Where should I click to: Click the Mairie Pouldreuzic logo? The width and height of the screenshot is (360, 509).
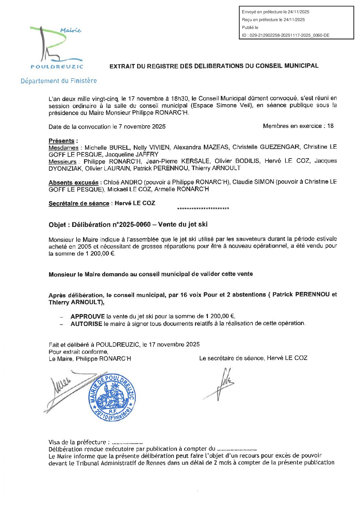pyautogui.click(x=56, y=48)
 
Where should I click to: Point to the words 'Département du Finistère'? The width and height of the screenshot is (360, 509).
pyautogui.click(x=59, y=81)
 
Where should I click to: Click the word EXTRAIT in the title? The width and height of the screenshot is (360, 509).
pyautogui.click(x=122, y=66)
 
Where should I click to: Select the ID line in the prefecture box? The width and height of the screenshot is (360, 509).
pyautogui.click(x=285, y=35)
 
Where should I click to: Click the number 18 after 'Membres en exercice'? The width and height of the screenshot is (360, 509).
pyautogui.click(x=330, y=126)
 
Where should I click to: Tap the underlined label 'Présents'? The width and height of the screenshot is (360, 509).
pyautogui.click(x=61, y=141)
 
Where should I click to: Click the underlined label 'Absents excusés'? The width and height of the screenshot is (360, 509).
pyautogui.click(x=73, y=183)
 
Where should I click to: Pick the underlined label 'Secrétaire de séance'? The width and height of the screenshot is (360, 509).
pyautogui.click(x=79, y=203)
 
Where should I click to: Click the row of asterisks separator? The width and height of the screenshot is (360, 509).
pyautogui.click(x=203, y=209)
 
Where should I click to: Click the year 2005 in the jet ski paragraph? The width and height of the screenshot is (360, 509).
pyautogui.click(x=84, y=246)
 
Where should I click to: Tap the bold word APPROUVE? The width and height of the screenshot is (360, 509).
pyautogui.click(x=87, y=316)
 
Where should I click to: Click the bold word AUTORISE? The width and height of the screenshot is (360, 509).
pyautogui.click(x=86, y=324)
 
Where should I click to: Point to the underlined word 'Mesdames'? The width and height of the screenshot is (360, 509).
pyautogui.click(x=63, y=148)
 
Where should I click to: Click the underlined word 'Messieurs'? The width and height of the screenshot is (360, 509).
pyautogui.click(x=63, y=162)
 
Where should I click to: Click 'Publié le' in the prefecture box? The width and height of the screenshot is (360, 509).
pyautogui.click(x=250, y=28)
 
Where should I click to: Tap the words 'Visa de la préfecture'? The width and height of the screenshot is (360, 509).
pyautogui.click(x=77, y=442)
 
